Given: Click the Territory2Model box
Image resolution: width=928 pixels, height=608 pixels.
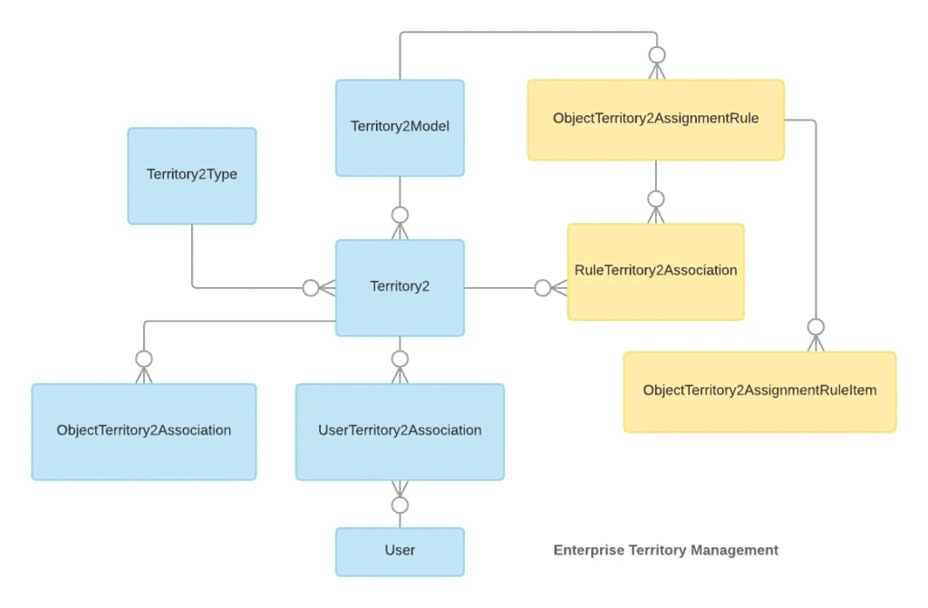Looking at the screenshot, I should pos(400,128).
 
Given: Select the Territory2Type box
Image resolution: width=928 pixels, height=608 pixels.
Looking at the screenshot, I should pos(192,175).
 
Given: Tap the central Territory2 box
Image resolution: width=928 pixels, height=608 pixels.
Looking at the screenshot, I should pos(400,287).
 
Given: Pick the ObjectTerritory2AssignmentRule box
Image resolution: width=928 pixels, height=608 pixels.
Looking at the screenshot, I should pos(655,120).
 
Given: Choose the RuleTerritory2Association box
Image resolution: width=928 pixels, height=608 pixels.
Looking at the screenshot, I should pos(655,271).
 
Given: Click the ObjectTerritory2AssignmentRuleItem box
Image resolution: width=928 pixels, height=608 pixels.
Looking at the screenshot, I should pos(759,391).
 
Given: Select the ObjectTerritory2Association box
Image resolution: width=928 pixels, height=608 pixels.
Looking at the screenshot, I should pos(144,431).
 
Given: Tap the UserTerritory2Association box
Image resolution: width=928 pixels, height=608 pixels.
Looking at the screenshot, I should pos(400,431).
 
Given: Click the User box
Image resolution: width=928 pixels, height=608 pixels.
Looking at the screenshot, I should pos(400,551).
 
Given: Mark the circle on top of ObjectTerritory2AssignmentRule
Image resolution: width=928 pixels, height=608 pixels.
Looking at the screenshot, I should pos(656,55).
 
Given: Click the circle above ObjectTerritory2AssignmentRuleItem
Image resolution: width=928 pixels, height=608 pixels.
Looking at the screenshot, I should pos(816,327).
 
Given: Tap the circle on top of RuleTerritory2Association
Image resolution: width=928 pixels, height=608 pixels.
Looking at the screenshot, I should pos(656,199).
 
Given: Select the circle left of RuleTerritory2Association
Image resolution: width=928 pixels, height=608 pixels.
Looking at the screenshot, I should pos(543,288).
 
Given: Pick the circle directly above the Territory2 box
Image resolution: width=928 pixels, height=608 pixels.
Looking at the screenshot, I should pos(400,216).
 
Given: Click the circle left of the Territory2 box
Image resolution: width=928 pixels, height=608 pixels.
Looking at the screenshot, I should pos(311,288).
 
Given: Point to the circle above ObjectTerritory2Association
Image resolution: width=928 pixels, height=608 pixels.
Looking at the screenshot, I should pos(144,359).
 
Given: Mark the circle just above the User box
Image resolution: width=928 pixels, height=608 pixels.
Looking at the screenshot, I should pos(400,505).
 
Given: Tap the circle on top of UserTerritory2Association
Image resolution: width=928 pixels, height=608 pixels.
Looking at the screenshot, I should pos(400,359).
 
